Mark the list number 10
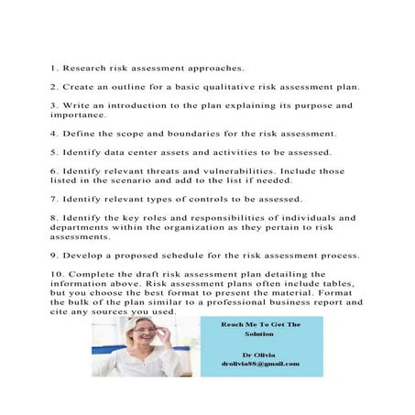click(56, 274)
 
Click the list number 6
click(54, 171)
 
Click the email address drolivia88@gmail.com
click(260, 365)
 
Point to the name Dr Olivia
click(260, 354)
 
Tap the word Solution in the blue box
click(260, 333)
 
